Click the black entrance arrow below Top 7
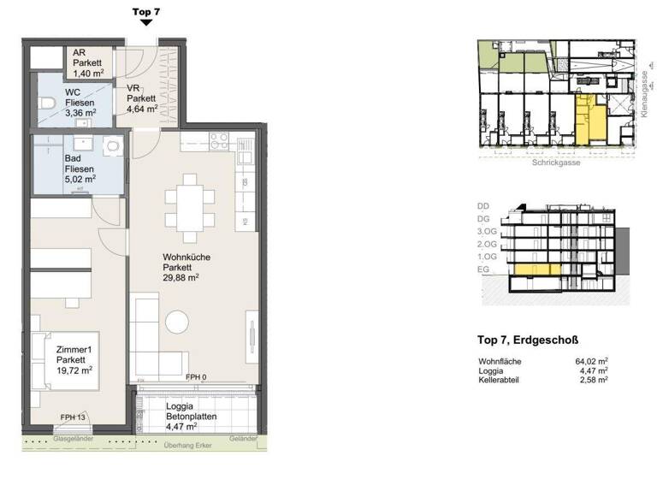click(x=146, y=23)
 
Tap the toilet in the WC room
click(x=47, y=103)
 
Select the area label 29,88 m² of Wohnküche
click(x=181, y=277)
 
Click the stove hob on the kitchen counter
click(x=219, y=140)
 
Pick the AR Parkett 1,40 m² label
click(x=88, y=63)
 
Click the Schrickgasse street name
click(x=555, y=163)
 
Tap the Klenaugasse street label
click(x=643, y=93)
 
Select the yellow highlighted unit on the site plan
click(x=586, y=120)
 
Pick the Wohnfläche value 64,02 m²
click(x=592, y=361)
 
